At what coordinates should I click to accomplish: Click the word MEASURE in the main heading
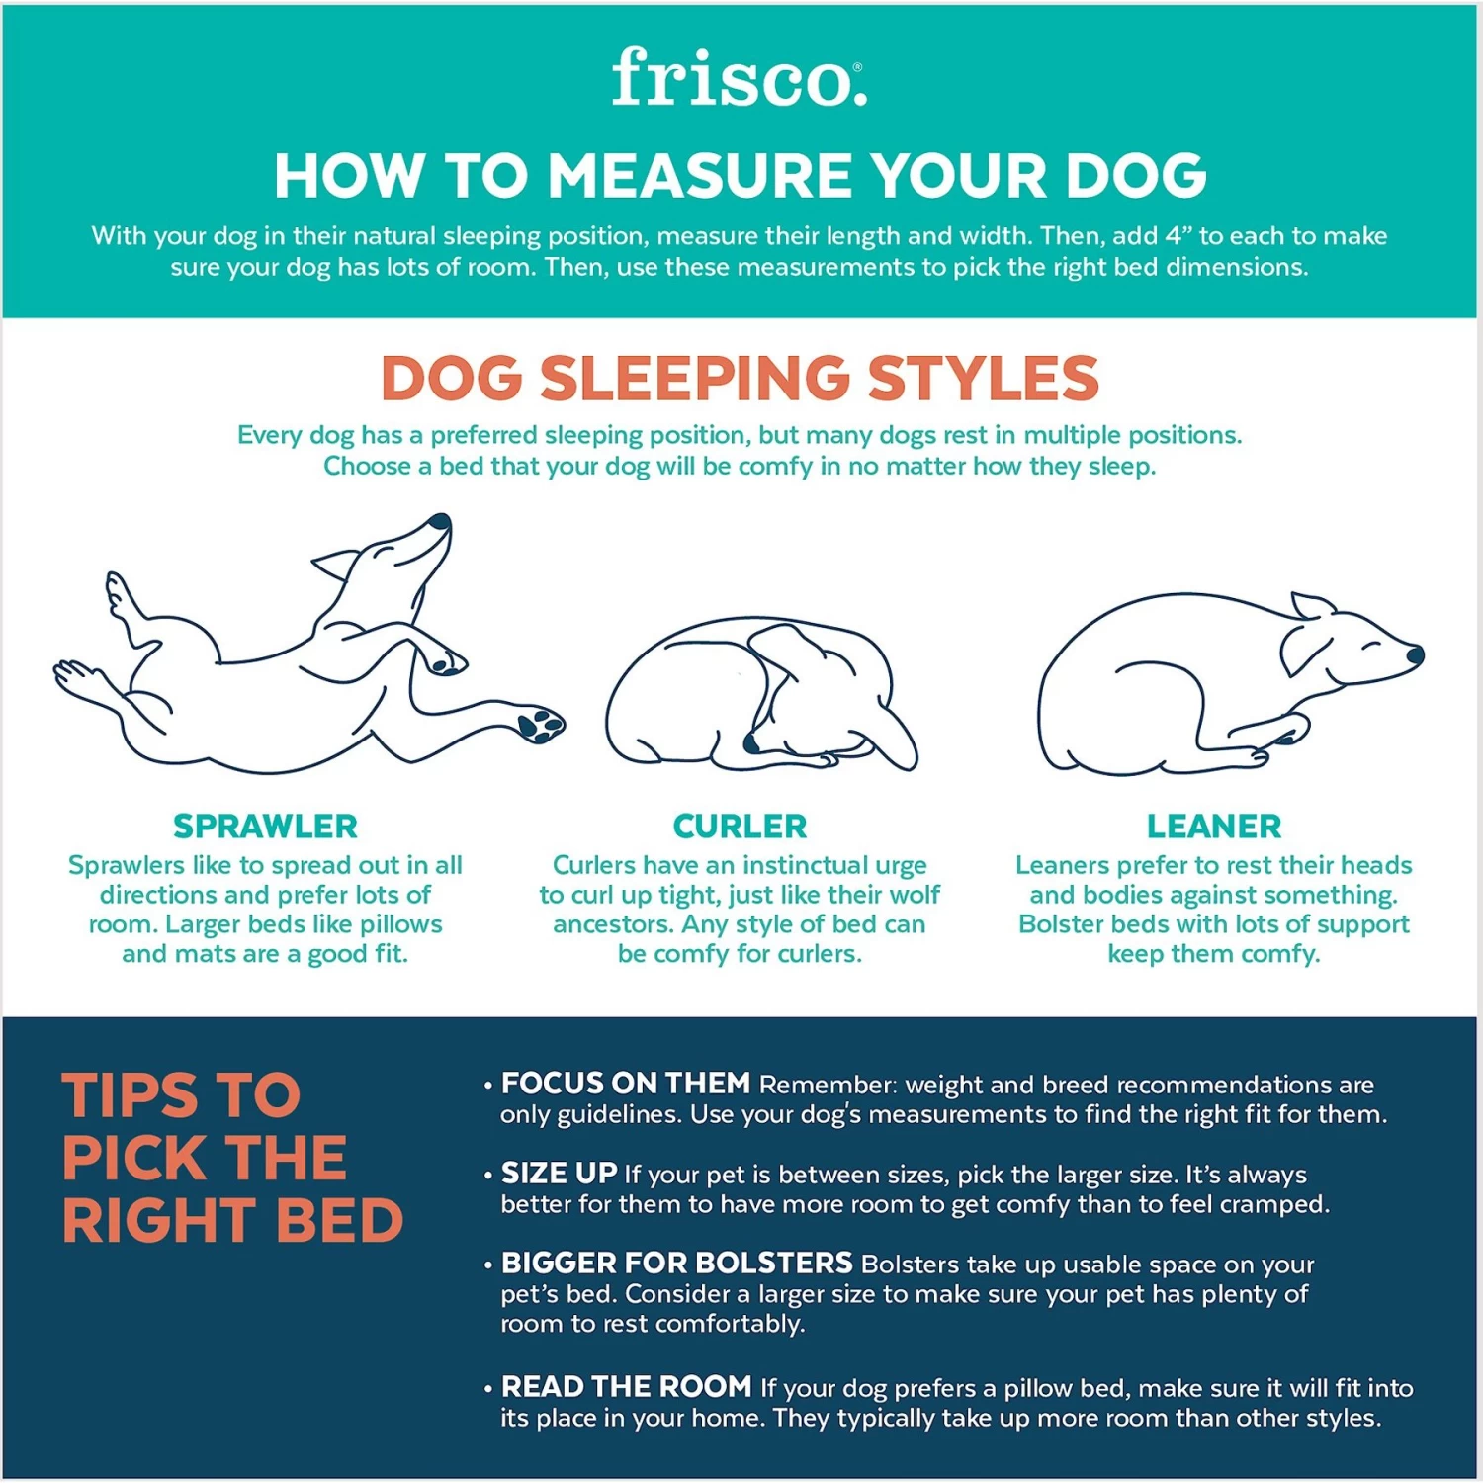tap(701, 176)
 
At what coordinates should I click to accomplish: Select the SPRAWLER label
tap(265, 826)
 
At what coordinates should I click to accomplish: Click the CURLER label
tap(740, 826)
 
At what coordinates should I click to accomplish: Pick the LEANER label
tap(1213, 826)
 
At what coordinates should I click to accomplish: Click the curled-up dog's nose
tap(752, 742)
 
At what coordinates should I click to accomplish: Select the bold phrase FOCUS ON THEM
tap(625, 1084)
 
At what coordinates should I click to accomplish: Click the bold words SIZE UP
tap(559, 1174)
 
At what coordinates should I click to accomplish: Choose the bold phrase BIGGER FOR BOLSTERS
tap(676, 1263)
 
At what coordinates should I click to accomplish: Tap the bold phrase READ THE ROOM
tap(626, 1386)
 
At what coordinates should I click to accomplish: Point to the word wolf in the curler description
tap(915, 895)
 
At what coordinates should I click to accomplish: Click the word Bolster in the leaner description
tap(1061, 924)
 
